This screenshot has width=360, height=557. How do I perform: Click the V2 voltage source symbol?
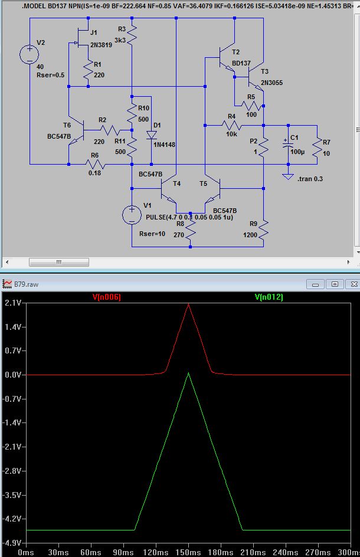(x=30, y=54)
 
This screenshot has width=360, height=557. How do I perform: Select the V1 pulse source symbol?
(x=132, y=215)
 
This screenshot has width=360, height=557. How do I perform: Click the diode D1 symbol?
(x=152, y=135)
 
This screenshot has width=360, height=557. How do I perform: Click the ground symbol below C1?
(x=288, y=176)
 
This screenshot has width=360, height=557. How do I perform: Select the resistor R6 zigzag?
(x=94, y=164)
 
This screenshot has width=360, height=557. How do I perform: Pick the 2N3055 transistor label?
(x=272, y=83)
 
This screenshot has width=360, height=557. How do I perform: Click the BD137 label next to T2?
(x=241, y=63)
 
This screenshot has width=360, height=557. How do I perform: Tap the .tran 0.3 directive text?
(x=310, y=179)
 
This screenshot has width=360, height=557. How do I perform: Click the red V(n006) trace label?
(x=107, y=297)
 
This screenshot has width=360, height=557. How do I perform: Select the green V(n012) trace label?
(x=269, y=297)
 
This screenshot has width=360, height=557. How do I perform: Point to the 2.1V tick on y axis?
(x=13, y=303)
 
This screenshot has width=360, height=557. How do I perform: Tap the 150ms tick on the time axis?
(x=188, y=552)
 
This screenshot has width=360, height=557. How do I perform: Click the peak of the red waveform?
(x=188, y=304)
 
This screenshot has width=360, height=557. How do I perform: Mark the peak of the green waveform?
(x=188, y=373)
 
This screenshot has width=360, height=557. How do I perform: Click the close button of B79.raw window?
(x=354, y=284)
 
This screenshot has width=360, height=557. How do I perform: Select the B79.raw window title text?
(x=27, y=284)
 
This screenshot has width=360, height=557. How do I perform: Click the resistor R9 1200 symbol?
(x=263, y=230)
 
